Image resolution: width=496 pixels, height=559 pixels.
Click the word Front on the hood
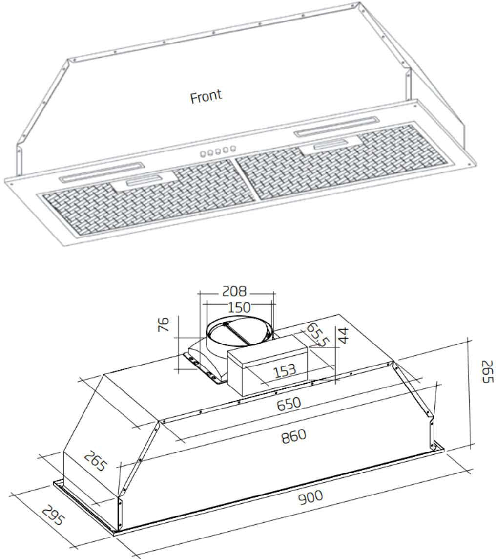[206, 96]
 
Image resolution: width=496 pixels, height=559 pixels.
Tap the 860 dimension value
[293, 435]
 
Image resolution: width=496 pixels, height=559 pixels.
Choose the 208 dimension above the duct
[235, 292]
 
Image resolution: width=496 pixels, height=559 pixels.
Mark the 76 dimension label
[165, 324]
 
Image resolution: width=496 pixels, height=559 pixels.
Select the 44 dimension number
[344, 336]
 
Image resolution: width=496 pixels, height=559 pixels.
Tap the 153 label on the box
[284, 370]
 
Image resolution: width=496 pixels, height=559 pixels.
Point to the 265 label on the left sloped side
[94, 461]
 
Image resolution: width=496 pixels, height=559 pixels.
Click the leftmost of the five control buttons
[202, 154]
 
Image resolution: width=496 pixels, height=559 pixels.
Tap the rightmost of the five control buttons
[233, 147]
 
